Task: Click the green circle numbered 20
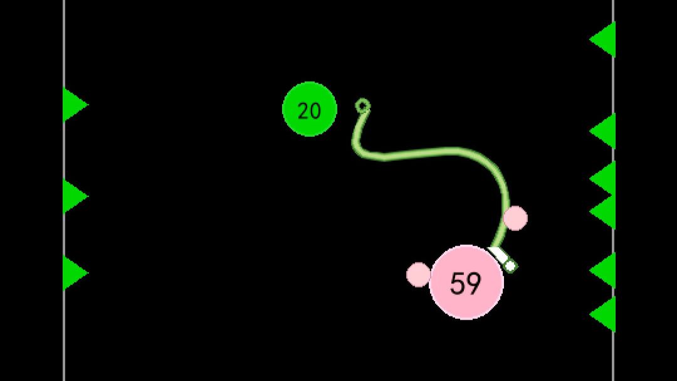309,109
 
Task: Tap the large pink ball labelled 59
467,282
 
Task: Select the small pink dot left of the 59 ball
418,275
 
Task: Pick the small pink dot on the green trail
515,218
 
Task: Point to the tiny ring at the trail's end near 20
363,105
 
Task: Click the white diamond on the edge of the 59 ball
510,266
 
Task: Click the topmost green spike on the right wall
603,40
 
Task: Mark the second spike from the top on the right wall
603,131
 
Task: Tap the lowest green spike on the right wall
603,314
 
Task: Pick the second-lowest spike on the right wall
603,271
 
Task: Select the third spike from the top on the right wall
603,178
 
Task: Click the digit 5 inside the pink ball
458,284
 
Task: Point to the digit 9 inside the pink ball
474,284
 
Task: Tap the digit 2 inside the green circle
303,111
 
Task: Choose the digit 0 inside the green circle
315,111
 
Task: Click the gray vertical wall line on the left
64,190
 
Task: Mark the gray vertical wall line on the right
613,190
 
